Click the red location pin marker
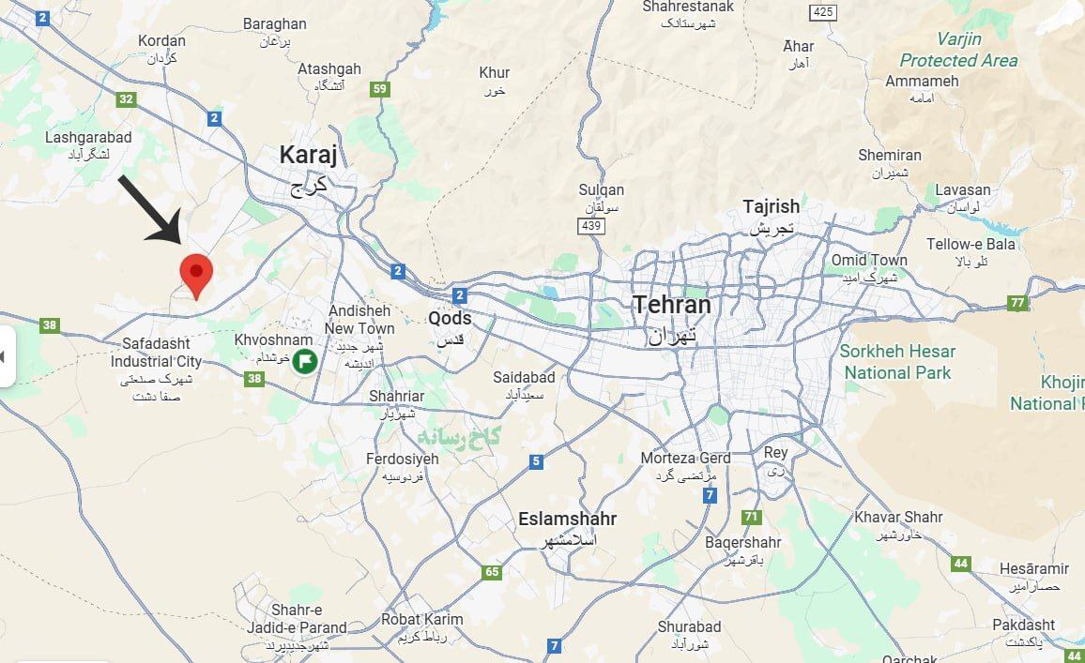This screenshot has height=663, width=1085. click(x=196, y=272)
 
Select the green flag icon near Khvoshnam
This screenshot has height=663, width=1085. click(x=304, y=361)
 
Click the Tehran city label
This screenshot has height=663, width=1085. click(x=671, y=306)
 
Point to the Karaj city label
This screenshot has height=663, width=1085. click(x=308, y=156)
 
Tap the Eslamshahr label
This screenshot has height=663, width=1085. click(x=567, y=520)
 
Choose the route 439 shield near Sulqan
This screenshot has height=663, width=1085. click(x=590, y=226)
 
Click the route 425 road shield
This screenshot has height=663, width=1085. click(x=823, y=12)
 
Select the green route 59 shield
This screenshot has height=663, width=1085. click(x=379, y=90)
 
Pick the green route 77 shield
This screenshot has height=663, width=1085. click(x=1016, y=303)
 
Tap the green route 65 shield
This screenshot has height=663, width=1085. click(x=492, y=572)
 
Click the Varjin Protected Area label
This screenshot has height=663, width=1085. click(x=958, y=50)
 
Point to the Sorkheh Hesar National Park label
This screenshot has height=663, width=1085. click(x=897, y=362)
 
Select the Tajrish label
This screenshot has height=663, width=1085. click(x=771, y=206)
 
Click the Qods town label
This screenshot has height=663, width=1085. click(x=450, y=318)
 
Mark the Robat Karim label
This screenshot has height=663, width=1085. click(x=421, y=620)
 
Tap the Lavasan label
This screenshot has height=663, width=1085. click(x=962, y=190)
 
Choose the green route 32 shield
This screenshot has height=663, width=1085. click(x=126, y=98)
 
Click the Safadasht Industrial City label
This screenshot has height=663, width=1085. click(x=156, y=354)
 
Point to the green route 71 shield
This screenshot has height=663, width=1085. click(x=750, y=517)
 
